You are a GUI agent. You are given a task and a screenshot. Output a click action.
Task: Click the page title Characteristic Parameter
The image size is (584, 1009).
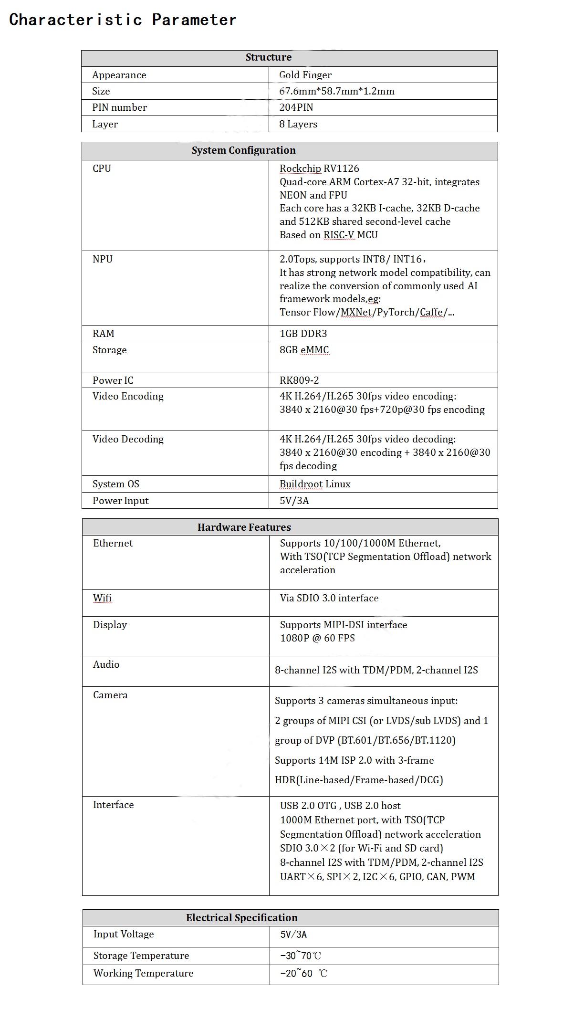123,20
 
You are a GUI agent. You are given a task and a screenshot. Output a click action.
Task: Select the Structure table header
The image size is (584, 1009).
268,57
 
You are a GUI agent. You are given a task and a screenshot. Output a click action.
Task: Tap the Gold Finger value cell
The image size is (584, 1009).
305,75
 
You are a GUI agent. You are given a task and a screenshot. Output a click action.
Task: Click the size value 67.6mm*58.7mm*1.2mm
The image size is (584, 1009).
336,91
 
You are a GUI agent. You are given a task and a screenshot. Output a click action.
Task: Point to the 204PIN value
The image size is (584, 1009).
296,107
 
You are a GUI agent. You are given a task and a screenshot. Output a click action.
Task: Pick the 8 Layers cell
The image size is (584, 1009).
298,124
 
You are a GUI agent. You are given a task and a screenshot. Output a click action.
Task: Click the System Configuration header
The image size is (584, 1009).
243,150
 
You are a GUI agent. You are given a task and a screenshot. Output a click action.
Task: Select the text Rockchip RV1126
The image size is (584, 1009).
319,168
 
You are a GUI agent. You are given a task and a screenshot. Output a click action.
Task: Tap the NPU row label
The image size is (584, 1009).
102,259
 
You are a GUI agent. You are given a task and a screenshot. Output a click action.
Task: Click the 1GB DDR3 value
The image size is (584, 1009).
303,334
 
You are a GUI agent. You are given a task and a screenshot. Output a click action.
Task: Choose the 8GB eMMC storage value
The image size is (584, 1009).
304,350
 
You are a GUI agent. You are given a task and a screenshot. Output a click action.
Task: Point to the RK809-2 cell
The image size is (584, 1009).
299,380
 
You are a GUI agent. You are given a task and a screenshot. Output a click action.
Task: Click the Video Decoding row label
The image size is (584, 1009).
128,439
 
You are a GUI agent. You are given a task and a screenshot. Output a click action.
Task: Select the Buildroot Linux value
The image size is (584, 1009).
314,484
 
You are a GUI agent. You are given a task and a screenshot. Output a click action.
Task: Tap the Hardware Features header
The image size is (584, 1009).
244,527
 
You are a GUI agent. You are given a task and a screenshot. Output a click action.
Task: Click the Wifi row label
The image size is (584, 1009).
102,598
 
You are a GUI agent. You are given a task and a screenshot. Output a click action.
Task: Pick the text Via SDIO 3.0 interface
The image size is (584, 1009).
329,598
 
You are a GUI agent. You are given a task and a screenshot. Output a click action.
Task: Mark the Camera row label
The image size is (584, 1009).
110,695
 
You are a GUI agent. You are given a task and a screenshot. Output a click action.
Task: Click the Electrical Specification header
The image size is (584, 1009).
241,918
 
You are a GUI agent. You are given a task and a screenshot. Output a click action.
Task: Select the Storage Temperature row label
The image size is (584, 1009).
141,956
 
